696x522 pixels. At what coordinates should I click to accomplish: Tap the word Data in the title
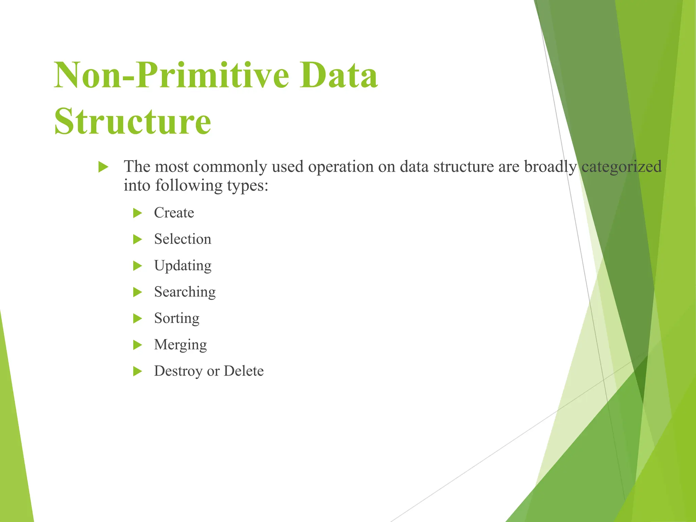click(x=338, y=75)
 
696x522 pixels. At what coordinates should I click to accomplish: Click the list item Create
click(x=174, y=213)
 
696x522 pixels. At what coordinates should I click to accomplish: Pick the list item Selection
click(x=182, y=239)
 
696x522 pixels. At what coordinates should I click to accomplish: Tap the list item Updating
click(x=182, y=266)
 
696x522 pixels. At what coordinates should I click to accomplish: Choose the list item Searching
click(x=185, y=292)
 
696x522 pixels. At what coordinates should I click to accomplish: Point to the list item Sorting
click(x=176, y=318)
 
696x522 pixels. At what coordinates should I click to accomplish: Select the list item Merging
click(x=180, y=345)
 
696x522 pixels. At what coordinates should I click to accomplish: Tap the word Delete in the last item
click(x=243, y=371)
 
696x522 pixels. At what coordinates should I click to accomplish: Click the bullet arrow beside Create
click(x=137, y=213)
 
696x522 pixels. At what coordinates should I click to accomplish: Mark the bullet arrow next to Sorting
click(x=137, y=318)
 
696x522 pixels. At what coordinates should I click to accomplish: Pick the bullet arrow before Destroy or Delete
click(x=137, y=371)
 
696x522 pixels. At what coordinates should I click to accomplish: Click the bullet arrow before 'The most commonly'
click(x=103, y=167)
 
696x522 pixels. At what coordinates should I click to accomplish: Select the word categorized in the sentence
click(x=621, y=167)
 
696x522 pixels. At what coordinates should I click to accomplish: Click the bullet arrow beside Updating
click(x=137, y=266)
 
